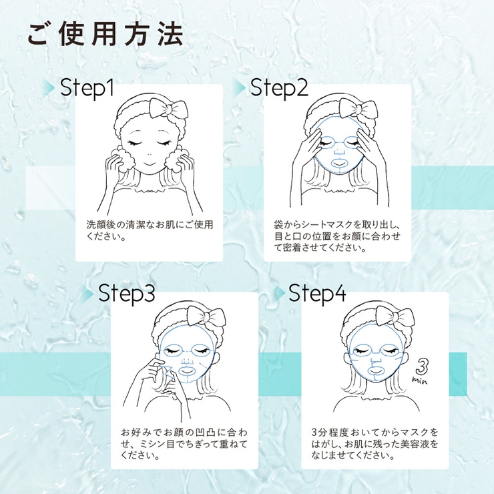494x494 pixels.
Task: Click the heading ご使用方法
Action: [x=105, y=35]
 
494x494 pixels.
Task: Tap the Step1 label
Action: [x=87, y=88]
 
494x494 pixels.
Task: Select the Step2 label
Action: [x=279, y=88]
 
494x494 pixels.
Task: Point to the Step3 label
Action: [x=127, y=294]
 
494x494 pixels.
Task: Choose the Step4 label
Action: [x=317, y=294]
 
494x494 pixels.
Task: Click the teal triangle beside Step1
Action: [x=51, y=88]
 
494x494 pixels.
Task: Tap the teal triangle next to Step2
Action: [x=240, y=88]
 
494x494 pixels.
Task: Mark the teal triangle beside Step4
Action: [x=280, y=294]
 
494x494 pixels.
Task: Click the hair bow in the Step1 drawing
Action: [x=168, y=109]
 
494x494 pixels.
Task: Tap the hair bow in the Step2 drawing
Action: [x=357, y=109]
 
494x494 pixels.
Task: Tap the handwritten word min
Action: [x=420, y=381]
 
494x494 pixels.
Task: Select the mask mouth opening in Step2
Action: [x=340, y=164]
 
